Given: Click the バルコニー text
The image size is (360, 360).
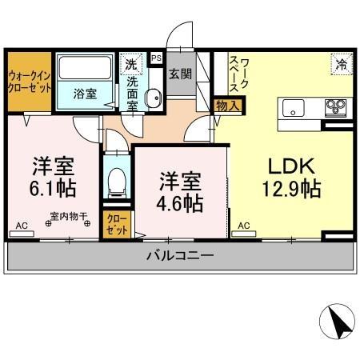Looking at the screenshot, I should pyautogui.click(x=179, y=256).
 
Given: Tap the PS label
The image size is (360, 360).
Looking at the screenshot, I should pyautogui.click(x=156, y=58).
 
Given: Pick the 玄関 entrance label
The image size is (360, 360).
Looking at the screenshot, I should pyautogui.click(x=180, y=74).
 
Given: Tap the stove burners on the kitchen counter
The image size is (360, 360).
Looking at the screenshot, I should pyautogui.click(x=334, y=106).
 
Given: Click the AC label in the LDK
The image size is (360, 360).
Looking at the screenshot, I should pyautogui.click(x=242, y=226).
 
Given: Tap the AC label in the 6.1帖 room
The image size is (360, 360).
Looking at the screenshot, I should pyautogui.click(x=22, y=226).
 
